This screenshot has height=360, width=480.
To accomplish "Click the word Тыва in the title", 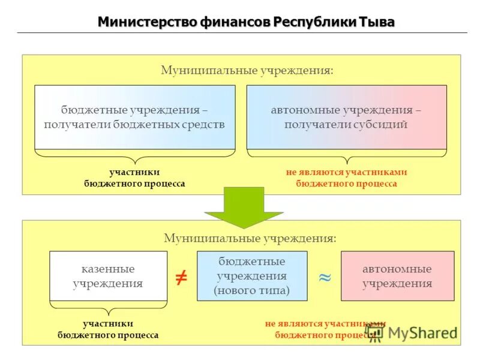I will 377,22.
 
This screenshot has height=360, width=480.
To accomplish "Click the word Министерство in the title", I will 140,22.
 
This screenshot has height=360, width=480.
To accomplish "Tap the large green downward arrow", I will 243,207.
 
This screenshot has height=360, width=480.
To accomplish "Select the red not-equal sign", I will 181,277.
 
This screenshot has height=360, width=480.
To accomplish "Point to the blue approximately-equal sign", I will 325,277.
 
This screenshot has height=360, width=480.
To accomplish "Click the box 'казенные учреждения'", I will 108,276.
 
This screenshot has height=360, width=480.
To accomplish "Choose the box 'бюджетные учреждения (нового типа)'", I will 252,276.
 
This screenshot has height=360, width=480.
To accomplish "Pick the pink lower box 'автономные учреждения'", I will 397,276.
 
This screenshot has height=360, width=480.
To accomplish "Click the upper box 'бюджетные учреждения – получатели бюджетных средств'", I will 134,117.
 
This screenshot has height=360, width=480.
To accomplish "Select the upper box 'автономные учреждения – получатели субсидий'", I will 346,117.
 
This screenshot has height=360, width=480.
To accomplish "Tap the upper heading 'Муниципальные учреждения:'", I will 247,71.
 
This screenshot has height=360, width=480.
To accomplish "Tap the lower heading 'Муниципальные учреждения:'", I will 250,238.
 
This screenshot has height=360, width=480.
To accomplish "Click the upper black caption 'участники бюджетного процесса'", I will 134,178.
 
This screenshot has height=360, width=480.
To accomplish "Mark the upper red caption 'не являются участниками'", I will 346,172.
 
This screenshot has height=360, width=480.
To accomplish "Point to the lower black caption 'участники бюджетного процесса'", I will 108,329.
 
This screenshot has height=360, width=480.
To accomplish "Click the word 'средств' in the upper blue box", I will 205,125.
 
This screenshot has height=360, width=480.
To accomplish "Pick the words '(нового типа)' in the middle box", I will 252,290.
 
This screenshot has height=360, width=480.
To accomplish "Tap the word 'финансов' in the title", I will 236,22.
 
